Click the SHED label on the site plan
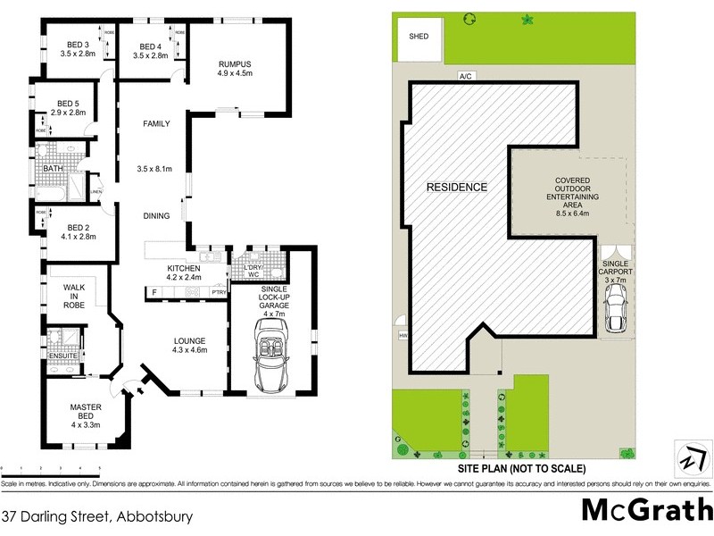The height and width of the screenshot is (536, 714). pyautogui.click(x=419, y=37)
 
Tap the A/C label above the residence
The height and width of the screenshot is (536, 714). pyautogui.click(x=465, y=77)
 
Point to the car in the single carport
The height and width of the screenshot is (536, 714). pyautogui.click(x=614, y=309)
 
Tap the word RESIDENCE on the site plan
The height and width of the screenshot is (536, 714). pyautogui.click(x=456, y=188)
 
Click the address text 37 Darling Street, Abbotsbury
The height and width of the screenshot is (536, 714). pyautogui.click(x=96, y=516)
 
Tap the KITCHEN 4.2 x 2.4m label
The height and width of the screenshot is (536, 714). pyautogui.click(x=189, y=272)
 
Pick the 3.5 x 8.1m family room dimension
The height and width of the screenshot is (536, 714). pyautogui.click(x=154, y=169)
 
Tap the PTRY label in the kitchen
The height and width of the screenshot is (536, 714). pyautogui.click(x=219, y=292)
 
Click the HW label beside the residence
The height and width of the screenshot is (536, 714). pyautogui.click(x=403, y=336)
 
